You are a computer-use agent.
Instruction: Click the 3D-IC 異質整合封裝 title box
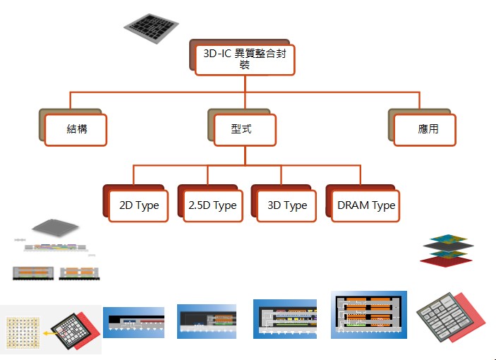pyautogui.click(x=245, y=60)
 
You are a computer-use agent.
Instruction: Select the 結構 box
pyautogui.click(x=75, y=130)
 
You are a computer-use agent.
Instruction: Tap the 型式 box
pyautogui.click(x=245, y=130)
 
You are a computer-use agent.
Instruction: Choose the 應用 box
pyautogui.click(x=425, y=130)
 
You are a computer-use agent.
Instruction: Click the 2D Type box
pyautogui.click(x=138, y=206)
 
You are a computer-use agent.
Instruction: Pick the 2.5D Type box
pyautogui.click(x=213, y=206)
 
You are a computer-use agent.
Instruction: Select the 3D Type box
pyautogui.click(x=286, y=206)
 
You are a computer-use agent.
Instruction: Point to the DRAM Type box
pyautogui.click(x=365, y=206)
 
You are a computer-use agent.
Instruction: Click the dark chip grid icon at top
pyautogui.click(x=151, y=28)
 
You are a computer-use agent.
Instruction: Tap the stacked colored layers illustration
pyautogui.click(x=447, y=251)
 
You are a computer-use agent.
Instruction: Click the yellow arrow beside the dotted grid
pyautogui.click(x=48, y=333)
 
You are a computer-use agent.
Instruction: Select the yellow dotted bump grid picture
pyautogui.click(x=23, y=332)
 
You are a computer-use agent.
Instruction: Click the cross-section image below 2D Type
pyautogui.click(x=133, y=323)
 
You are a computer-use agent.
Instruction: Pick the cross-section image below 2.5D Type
pyautogui.click(x=207, y=321)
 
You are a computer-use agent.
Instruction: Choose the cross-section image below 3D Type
pyautogui.click(x=285, y=319)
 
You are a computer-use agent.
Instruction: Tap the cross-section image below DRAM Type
pyautogui.click(x=369, y=315)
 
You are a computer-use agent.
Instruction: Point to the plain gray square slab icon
pyautogui.click(x=55, y=227)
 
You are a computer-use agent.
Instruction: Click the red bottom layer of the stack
pyautogui.click(x=445, y=261)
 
